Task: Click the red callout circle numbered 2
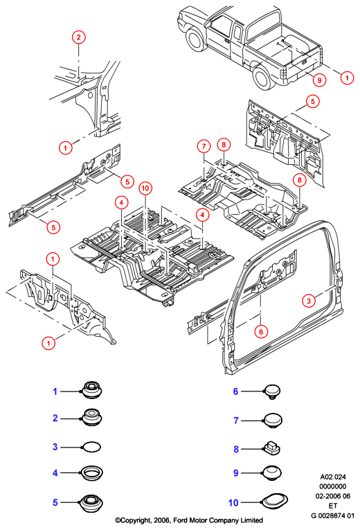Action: pos(78,37)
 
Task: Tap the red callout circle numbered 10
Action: pos(145,188)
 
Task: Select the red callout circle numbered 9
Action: pos(319,80)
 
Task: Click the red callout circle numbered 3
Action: pos(309,300)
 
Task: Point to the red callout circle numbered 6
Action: pos(261,332)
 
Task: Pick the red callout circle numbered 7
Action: pos(204,146)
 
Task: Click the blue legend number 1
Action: pos(55,391)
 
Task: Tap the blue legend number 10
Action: pos(233,503)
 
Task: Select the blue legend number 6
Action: pos(235,391)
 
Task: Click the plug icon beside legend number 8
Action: pos(272,448)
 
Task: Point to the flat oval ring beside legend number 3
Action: pos(91,447)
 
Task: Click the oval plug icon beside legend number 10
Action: pos(274,502)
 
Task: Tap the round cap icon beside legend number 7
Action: pos(273,420)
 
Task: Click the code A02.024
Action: pos(333,477)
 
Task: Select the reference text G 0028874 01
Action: pos(332,516)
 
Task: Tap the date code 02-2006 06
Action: pos(333,496)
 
